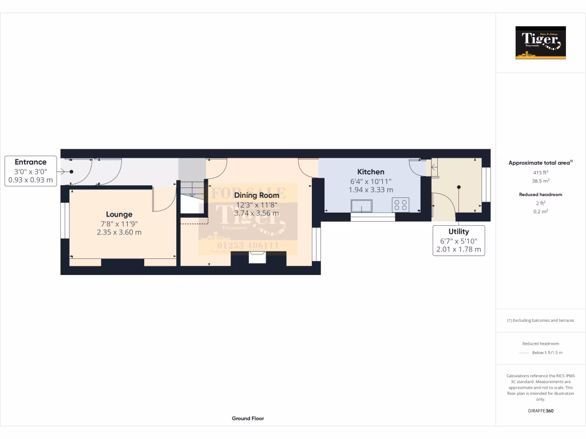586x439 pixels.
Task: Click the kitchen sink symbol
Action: click(x=362, y=205)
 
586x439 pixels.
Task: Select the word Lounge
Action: click(x=119, y=214)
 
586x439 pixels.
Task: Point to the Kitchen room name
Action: click(x=371, y=171)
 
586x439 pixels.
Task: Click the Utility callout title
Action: click(x=458, y=232)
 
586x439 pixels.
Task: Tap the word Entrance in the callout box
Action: click(x=30, y=162)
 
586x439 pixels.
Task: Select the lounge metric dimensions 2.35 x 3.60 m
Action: click(x=119, y=232)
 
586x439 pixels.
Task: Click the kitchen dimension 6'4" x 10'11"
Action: click(x=371, y=181)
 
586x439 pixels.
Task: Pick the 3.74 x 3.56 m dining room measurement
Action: click(x=257, y=213)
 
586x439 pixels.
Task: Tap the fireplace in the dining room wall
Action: click(x=258, y=258)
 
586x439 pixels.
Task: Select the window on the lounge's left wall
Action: click(x=65, y=219)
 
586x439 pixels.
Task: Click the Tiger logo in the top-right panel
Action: click(x=540, y=43)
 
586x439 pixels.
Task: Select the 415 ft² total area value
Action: click(x=540, y=172)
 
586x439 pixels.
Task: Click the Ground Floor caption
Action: click(x=248, y=418)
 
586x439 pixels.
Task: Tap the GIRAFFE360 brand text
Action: click(x=540, y=411)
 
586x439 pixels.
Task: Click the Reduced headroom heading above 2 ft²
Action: click(x=540, y=194)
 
